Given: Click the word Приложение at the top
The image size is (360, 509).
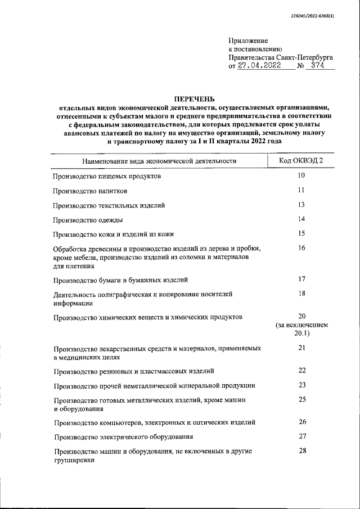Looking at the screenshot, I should pyautogui.click(x=248, y=40).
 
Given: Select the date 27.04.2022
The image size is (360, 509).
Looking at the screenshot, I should pyautogui.click(x=260, y=66).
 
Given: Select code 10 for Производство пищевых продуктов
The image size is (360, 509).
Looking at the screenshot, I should pyautogui.click(x=301, y=175).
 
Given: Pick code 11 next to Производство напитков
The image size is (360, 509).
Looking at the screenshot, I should pyautogui.click(x=301, y=190).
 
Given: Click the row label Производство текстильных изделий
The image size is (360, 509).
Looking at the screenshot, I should pyautogui.click(x=109, y=205).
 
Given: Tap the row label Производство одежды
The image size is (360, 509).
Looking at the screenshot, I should pyautogui.click(x=88, y=220).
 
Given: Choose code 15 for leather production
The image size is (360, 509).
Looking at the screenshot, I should pyautogui.click(x=301, y=233).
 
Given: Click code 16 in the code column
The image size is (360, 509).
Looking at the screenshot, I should pyautogui.click(x=301, y=248).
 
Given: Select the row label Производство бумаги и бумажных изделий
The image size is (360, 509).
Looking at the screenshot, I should pyautogui.click(x=120, y=280).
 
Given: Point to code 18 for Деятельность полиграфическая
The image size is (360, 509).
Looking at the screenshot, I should pyautogui.click(x=301, y=293).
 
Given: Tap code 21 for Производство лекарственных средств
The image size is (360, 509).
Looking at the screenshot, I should pyautogui.click(x=301, y=348).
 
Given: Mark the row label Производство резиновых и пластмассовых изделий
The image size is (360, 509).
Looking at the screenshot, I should pyautogui.click(x=133, y=371).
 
